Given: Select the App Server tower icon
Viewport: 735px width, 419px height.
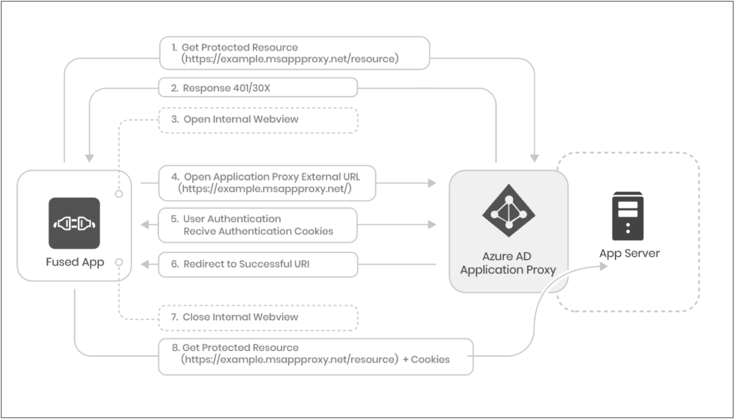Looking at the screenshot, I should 628,216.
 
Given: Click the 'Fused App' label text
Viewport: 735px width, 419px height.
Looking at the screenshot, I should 75,262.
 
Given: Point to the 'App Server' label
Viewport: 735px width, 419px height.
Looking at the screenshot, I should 629,254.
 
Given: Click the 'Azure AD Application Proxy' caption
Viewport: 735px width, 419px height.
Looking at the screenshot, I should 508,263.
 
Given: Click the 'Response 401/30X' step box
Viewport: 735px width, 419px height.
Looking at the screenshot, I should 257,88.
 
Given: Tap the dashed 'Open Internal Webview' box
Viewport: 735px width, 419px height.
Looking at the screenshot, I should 257,119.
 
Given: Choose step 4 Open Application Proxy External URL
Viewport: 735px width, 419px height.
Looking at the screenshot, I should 267,183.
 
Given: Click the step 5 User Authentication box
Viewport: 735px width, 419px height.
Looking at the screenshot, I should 257,225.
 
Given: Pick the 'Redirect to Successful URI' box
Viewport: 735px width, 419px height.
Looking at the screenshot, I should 257,264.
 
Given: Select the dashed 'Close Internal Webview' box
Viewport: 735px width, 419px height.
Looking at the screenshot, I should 257,317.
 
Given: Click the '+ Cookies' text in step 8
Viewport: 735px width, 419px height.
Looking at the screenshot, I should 426,360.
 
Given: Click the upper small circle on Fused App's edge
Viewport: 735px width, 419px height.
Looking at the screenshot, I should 119,194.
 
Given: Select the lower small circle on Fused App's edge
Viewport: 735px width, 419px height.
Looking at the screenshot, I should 119,262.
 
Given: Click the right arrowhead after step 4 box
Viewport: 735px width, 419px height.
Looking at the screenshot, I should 432,183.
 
